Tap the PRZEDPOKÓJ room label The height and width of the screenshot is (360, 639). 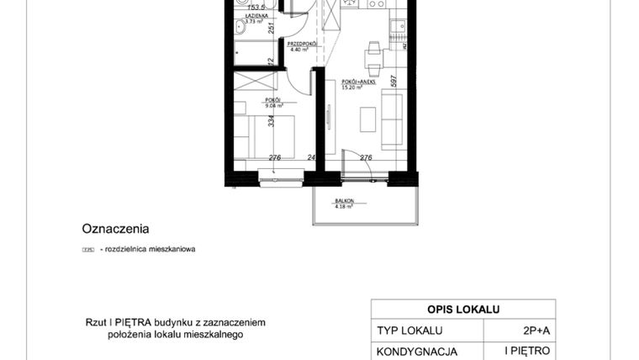tap(300, 43)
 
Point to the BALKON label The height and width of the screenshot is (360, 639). tap(343, 200)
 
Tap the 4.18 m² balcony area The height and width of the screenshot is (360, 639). tap(343, 206)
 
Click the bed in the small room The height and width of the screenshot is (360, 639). tap(264, 135)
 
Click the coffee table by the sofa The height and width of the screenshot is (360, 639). tap(369, 119)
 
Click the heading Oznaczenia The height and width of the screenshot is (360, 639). tap(115, 228)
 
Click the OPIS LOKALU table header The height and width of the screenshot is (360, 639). tap(463, 310)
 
